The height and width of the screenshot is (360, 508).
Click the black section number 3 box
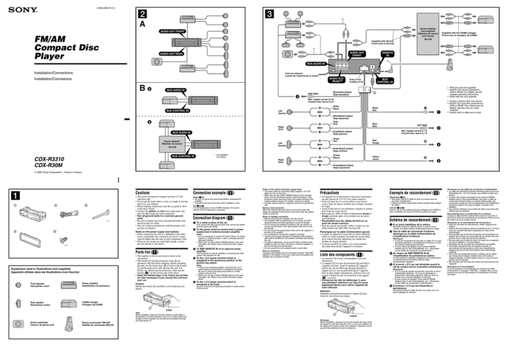pos(270,14)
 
